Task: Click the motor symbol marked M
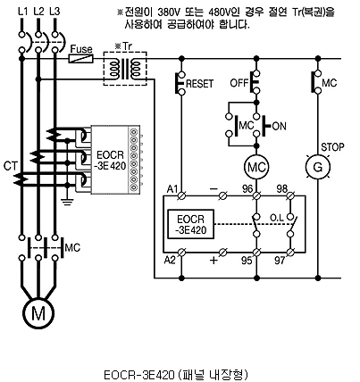click(38, 313)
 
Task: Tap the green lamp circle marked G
click(318, 167)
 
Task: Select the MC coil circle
click(256, 167)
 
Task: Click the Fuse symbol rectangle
click(81, 59)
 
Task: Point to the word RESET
click(200, 84)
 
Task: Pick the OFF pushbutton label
click(239, 83)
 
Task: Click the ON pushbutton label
click(279, 126)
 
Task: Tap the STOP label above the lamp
click(332, 147)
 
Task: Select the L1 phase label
click(22, 12)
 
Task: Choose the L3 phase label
click(54, 12)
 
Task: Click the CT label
click(11, 166)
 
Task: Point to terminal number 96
click(247, 189)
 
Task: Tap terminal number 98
click(281, 189)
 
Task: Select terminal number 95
click(247, 261)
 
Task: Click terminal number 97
click(280, 261)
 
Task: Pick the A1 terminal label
click(172, 189)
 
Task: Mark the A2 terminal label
click(170, 260)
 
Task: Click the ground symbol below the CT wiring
click(68, 202)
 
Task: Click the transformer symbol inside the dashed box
click(125, 69)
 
